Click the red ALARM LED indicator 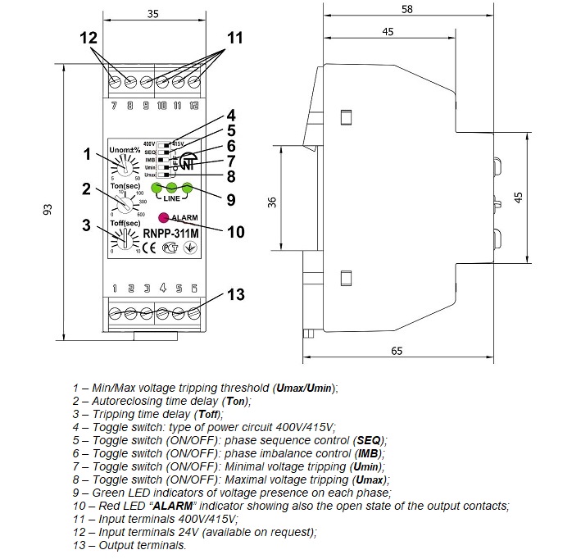[x=162, y=218]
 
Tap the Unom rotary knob [x=125, y=168]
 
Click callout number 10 [x=235, y=232]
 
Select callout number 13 [x=235, y=294]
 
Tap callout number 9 [x=231, y=198]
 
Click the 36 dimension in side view [x=273, y=202]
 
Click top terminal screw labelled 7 [x=114, y=83]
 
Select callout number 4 [x=231, y=116]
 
